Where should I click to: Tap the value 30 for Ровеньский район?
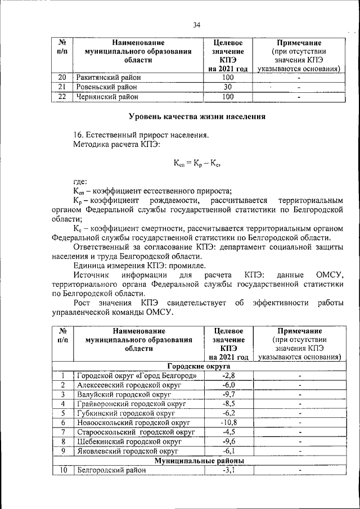[x=228, y=87]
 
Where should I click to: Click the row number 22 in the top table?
[x=62, y=96]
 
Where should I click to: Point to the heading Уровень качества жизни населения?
[x=197, y=116]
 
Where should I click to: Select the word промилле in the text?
[x=186, y=265]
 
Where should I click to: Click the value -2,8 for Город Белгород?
[x=228, y=375]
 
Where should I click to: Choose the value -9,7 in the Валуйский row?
[x=228, y=394]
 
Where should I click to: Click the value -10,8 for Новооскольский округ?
[x=228, y=422]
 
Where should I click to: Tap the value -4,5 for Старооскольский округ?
[x=228, y=432]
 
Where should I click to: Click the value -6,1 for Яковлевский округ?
[x=228, y=451]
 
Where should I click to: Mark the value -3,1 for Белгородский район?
[x=228, y=470]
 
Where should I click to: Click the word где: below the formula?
[x=80, y=181]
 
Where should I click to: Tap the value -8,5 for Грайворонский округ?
[x=228, y=404]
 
